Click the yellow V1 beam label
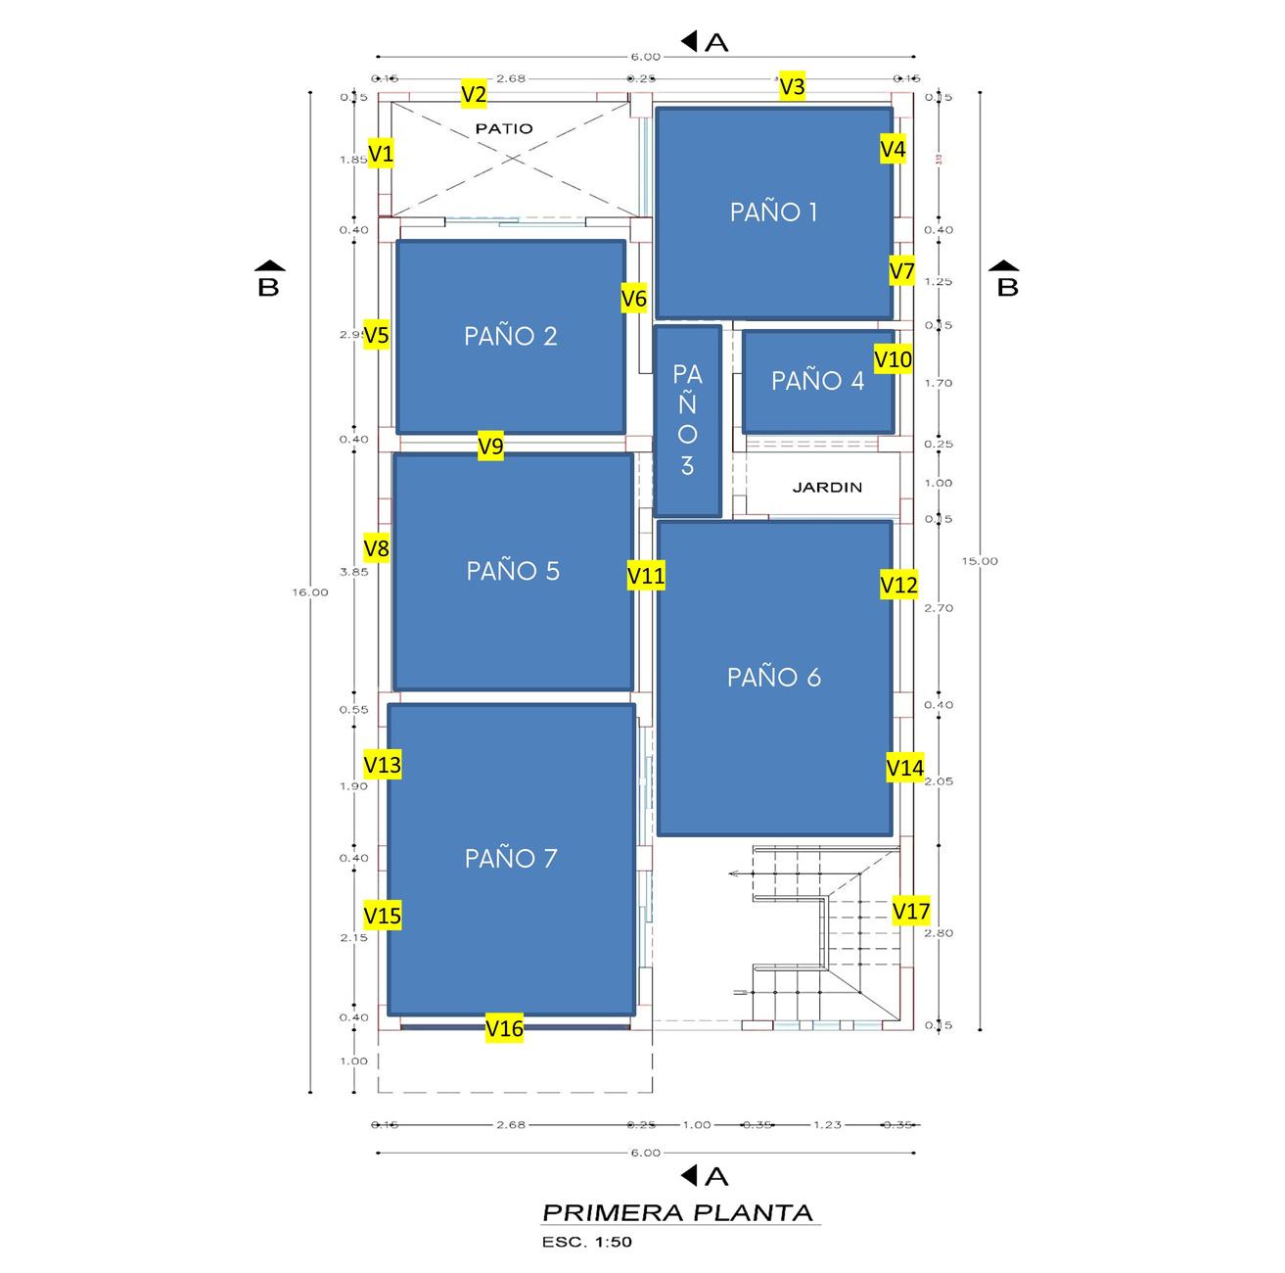381,154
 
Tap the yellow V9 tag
490,447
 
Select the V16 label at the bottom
505,1028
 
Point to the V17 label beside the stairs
911,912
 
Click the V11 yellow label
646,577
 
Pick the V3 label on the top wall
792,87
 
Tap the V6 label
634,299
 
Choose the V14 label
904,768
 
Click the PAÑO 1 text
773,212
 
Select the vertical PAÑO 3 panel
687,420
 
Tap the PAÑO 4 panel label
817,381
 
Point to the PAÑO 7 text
511,859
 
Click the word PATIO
504,128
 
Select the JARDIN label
827,487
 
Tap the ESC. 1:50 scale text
587,1243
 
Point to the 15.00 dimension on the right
980,561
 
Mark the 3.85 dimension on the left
353,572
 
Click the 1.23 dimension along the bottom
827,1124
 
